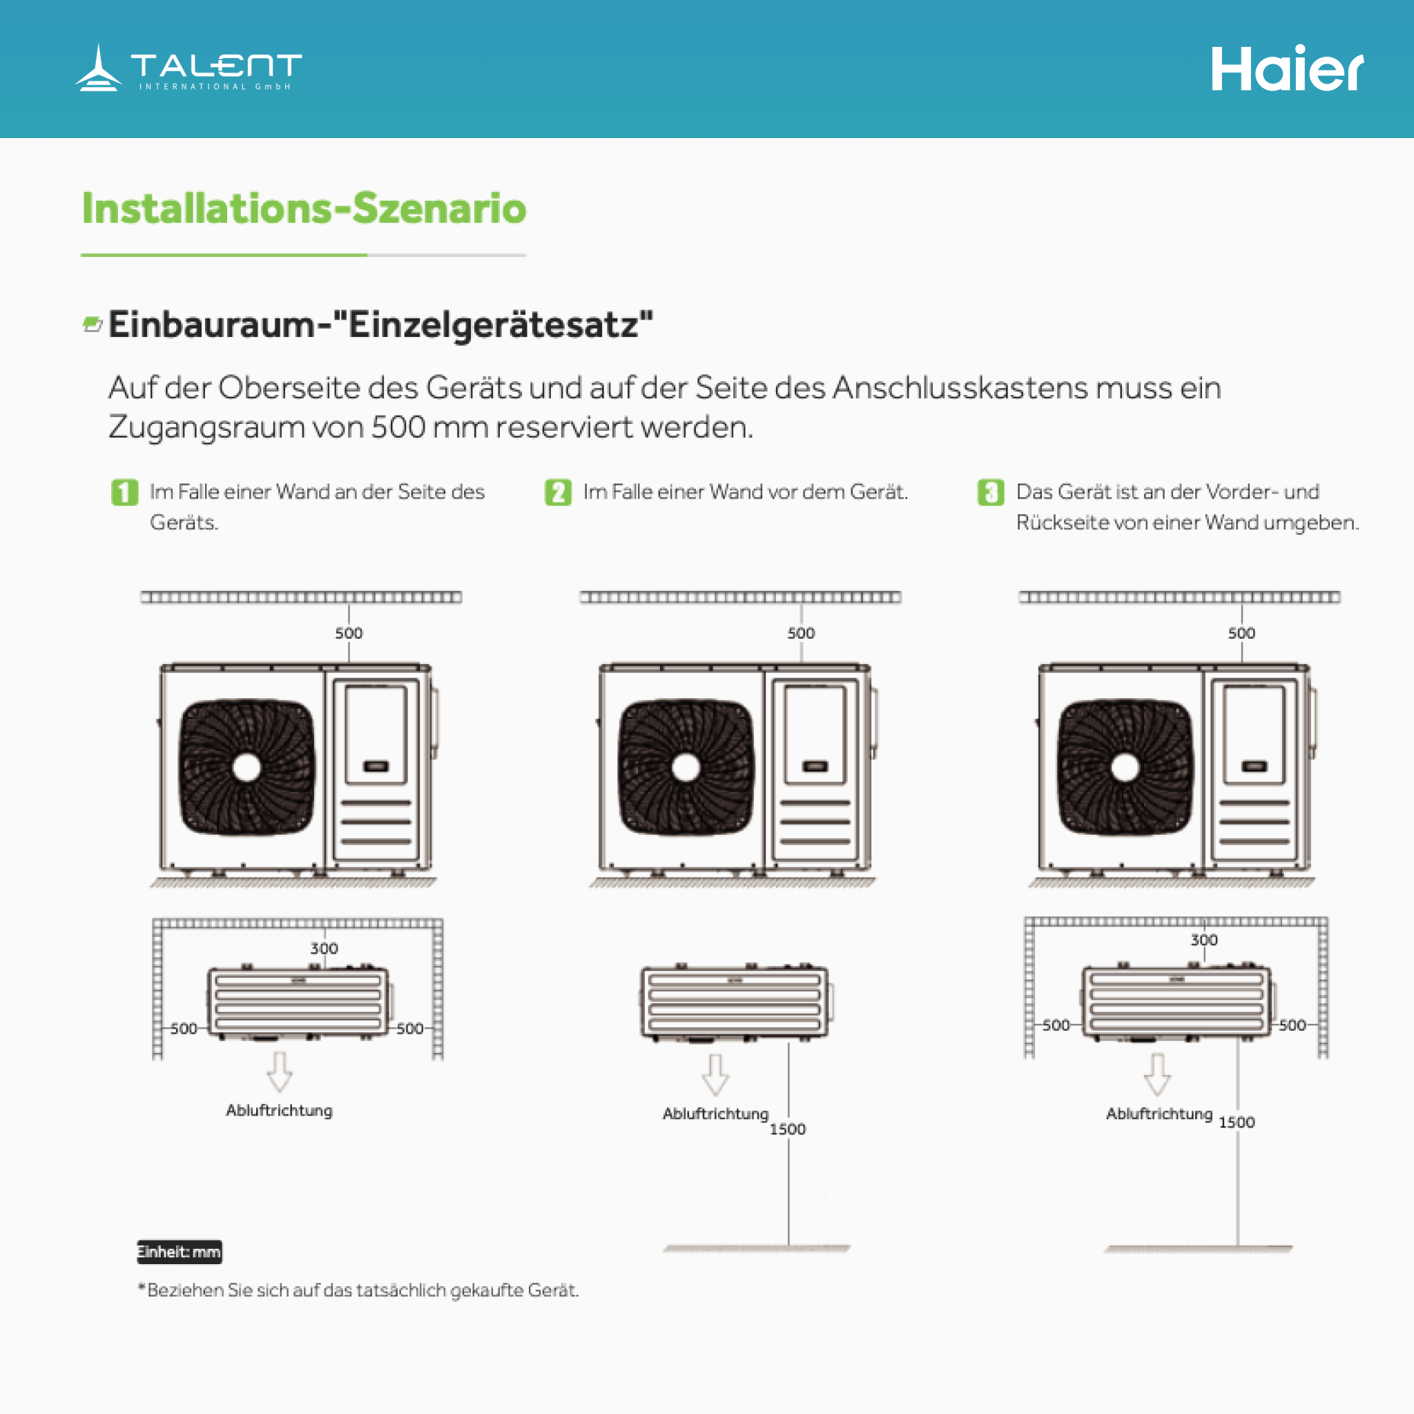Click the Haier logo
coord(1287,69)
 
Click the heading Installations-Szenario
coord(304,208)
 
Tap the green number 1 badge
coord(124,492)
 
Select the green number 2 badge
coord(558,492)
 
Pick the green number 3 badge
coord(991,492)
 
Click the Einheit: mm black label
coord(180,1252)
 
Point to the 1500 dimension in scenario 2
coord(788,1130)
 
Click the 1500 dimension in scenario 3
coord(1237,1123)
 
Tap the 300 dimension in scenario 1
coord(325,949)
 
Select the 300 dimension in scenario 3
coord(1204,940)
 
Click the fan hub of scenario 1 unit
coord(246,767)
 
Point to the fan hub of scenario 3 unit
coord(1125,767)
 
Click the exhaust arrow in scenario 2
coord(715,1074)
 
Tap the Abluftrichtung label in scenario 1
coord(279,1110)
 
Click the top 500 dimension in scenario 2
coord(801,633)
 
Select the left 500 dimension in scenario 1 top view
coord(184,1029)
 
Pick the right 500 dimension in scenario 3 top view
coord(1292,1025)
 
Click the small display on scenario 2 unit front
coord(815,766)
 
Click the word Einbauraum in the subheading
coord(211,325)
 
